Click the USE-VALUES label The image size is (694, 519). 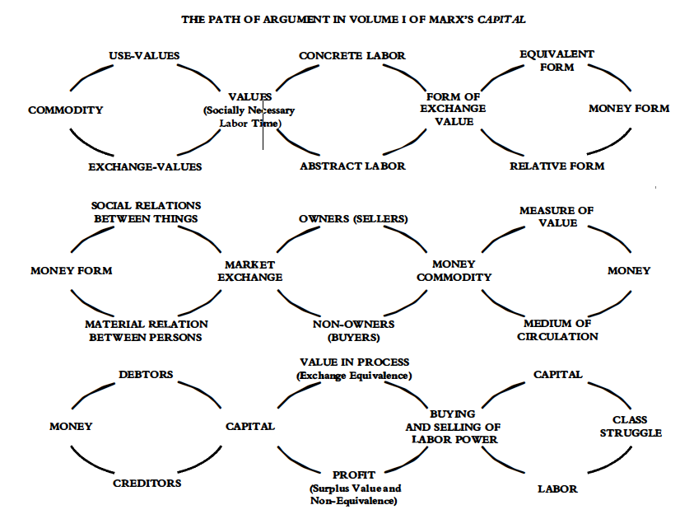[x=144, y=56]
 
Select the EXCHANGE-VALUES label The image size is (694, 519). [x=145, y=167]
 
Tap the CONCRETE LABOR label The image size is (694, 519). [x=352, y=56]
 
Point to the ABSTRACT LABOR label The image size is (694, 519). [x=352, y=166]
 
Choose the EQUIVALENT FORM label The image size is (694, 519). [x=557, y=61]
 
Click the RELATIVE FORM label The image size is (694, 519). [x=557, y=166]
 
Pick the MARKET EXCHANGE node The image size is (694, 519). [x=249, y=271]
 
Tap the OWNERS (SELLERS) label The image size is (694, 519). [x=353, y=219]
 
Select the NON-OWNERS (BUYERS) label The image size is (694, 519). [x=353, y=331]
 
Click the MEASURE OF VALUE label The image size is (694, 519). [x=557, y=217]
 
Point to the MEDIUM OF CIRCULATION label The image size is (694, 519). [x=557, y=330]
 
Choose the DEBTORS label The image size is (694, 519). [x=146, y=375]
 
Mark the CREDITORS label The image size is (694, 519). [x=147, y=483]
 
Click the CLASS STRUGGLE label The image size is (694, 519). [x=631, y=427]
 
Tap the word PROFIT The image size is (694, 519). [x=354, y=475]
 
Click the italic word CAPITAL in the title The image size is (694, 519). [x=501, y=20]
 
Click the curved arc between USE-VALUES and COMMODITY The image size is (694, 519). [x=90, y=76]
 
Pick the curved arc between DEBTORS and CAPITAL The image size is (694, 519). [x=202, y=393]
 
